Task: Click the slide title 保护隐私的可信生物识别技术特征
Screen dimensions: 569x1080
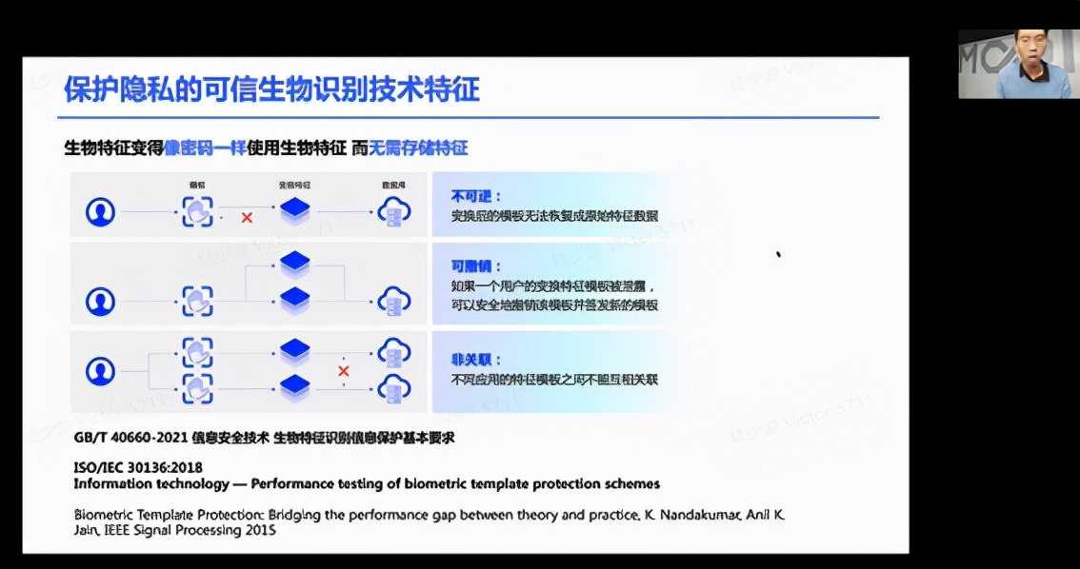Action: coord(271,90)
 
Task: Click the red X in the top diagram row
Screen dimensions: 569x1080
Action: coord(247,218)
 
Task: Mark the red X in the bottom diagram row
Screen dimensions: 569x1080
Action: coord(343,371)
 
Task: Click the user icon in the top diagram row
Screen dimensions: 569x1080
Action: coord(100,211)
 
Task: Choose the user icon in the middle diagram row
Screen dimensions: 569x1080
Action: coord(100,301)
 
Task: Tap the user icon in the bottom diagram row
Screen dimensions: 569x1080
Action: coord(100,371)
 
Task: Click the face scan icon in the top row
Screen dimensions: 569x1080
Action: coord(198,211)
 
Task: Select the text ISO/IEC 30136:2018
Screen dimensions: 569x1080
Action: coord(137,468)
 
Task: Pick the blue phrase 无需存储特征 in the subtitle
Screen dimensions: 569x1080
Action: coord(425,148)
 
